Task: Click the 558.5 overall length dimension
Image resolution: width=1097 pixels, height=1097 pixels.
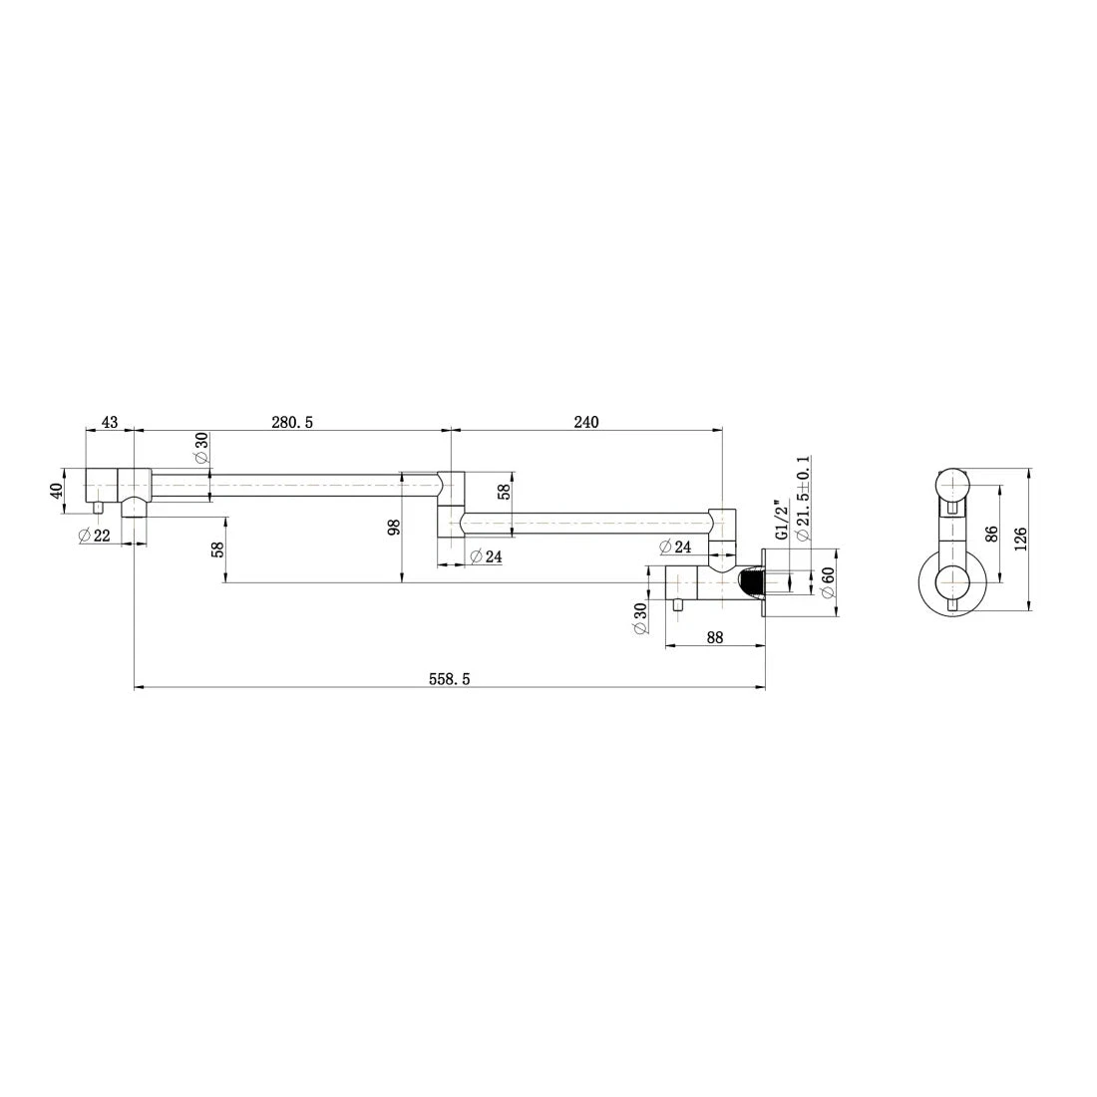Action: click(x=449, y=679)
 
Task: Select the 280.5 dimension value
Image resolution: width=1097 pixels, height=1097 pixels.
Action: click(x=292, y=423)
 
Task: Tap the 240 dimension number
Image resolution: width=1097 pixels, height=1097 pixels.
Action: click(x=586, y=422)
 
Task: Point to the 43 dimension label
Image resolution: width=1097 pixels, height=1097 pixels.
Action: click(x=110, y=423)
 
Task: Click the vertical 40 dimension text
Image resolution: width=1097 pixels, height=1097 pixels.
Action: click(x=57, y=489)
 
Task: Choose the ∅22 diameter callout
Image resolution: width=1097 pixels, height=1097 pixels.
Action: click(x=95, y=536)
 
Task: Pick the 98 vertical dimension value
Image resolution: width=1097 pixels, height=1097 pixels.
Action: click(x=394, y=527)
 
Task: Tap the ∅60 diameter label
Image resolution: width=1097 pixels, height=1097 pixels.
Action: click(x=827, y=582)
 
